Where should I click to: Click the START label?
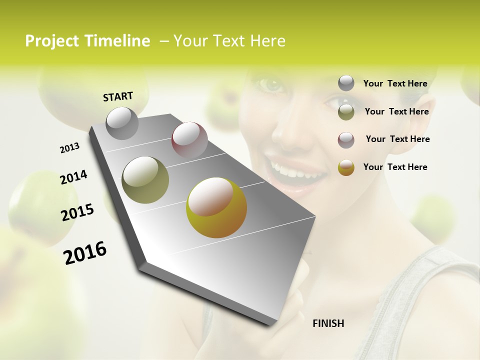(x=118, y=96)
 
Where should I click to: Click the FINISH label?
(x=328, y=323)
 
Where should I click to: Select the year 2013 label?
(x=69, y=148)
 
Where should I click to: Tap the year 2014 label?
(x=73, y=177)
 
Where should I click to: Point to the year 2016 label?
(x=85, y=253)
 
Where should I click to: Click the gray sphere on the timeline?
(x=122, y=123)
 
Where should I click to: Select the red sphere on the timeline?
(x=189, y=139)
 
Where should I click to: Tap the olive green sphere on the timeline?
(x=145, y=180)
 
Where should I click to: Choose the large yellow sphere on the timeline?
(x=216, y=207)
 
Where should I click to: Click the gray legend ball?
(x=346, y=83)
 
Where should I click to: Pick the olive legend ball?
(x=346, y=111)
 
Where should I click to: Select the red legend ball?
(x=346, y=139)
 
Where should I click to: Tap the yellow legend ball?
(x=346, y=167)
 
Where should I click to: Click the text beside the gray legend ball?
(x=395, y=83)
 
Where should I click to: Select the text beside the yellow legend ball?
(x=395, y=167)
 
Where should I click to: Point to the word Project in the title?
(x=51, y=41)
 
